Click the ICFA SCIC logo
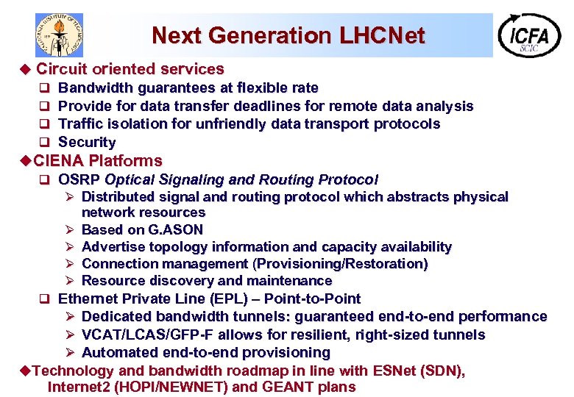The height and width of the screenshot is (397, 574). [x=529, y=35]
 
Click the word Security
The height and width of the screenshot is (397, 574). [x=87, y=142]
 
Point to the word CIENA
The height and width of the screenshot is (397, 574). [x=59, y=160]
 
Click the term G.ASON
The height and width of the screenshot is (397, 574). [x=176, y=229]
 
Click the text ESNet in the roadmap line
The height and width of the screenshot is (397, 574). [x=394, y=371]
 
